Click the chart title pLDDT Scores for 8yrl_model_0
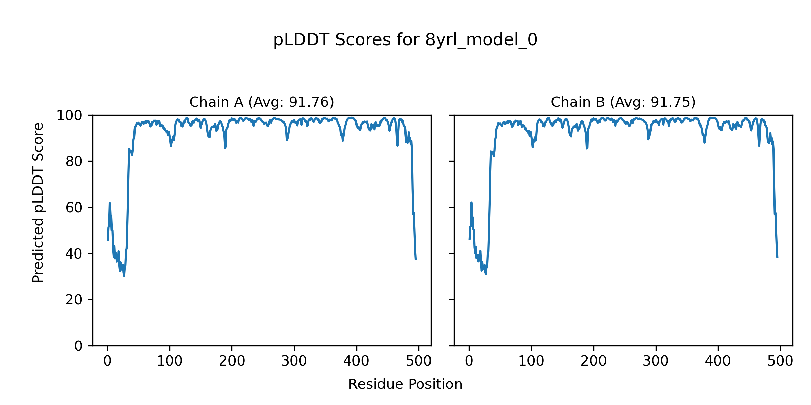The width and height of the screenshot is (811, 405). coord(405,40)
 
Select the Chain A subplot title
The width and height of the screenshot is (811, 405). coord(262,102)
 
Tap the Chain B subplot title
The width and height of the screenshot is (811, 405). coord(623,102)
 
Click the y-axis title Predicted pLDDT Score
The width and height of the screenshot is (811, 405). coord(38,202)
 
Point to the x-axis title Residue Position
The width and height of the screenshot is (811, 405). coord(405,384)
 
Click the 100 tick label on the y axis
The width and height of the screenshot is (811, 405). coord(69,116)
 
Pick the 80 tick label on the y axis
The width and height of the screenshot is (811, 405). coord(74,162)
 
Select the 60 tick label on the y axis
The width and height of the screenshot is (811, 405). coord(74,208)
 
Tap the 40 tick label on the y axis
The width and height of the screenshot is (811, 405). coord(74,254)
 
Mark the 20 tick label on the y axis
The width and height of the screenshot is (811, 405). coord(74,300)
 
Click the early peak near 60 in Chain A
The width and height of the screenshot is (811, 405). coord(110,203)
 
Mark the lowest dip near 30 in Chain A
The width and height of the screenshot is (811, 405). coord(124,276)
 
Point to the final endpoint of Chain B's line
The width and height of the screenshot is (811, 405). coord(777,257)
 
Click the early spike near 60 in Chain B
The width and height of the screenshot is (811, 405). coord(471,203)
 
